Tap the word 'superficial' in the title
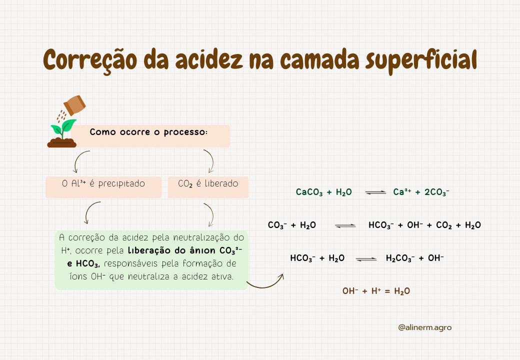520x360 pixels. (x=421, y=60)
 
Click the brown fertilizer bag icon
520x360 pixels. (x=74, y=105)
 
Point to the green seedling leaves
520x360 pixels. (x=63, y=126)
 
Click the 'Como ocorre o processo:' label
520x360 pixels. (x=148, y=132)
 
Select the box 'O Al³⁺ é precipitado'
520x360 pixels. (x=103, y=187)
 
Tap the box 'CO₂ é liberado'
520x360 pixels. (x=208, y=187)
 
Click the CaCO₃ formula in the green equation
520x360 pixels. (x=309, y=192)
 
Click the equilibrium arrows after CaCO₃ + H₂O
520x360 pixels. (x=375, y=192)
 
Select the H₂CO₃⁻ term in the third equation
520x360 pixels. (x=400, y=258)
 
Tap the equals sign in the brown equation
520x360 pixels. (x=387, y=291)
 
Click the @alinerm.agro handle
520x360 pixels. (x=425, y=327)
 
